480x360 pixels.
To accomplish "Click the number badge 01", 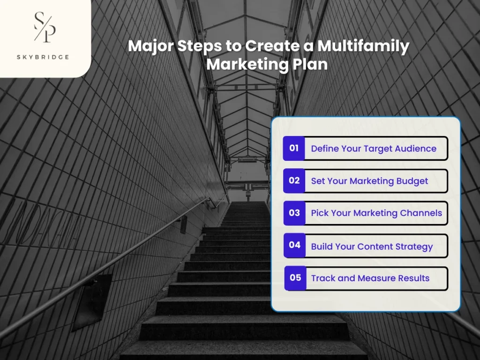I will tap(294, 149).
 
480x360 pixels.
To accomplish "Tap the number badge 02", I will tap(294, 180).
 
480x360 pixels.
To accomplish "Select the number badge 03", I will tap(294, 213).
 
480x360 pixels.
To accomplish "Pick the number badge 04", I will tap(294, 245).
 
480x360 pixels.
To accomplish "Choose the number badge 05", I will tap(295, 278).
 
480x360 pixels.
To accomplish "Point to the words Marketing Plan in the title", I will tap(267, 63).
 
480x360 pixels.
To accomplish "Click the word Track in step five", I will tap(323, 278).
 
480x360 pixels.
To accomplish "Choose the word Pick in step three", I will tap(320, 213).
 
